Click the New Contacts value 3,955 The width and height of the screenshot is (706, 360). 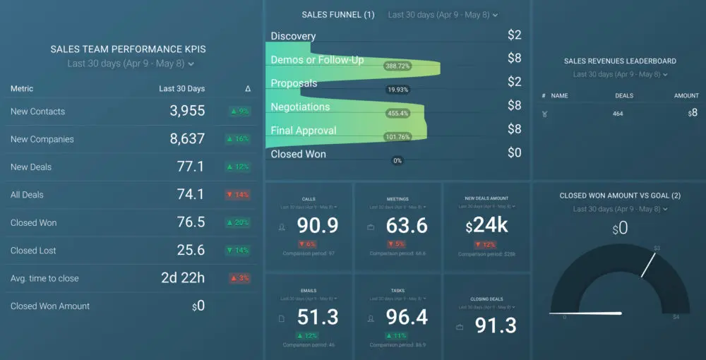tap(187, 111)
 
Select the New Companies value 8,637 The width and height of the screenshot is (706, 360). tap(187, 139)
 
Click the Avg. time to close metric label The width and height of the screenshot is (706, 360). tap(44, 278)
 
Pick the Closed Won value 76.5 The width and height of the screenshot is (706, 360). tap(191, 222)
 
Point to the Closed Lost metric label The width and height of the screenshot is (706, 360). tap(33, 251)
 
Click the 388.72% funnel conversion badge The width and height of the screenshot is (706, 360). tap(397, 66)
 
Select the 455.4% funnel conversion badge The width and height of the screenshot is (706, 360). tap(399, 113)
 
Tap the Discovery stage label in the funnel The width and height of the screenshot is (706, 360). tap(293, 36)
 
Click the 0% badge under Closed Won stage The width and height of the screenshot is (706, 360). tap(397, 160)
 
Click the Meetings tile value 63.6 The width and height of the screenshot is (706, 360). tap(407, 226)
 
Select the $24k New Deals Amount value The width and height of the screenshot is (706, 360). tap(487, 226)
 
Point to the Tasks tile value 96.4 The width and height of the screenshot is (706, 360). tap(407, 318)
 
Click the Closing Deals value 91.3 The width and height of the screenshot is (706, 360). tap(495, 325)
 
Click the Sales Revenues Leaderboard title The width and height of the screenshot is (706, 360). tap(620, 61)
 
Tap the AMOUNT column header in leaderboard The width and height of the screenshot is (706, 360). tap(686, 95)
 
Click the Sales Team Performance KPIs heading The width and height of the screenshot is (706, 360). tap(128, 49)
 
